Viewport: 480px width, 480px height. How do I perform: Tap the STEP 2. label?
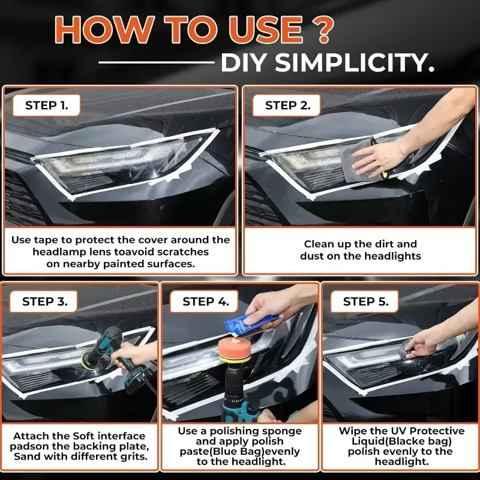[288, 106]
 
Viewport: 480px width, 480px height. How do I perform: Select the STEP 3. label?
[49, 301]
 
